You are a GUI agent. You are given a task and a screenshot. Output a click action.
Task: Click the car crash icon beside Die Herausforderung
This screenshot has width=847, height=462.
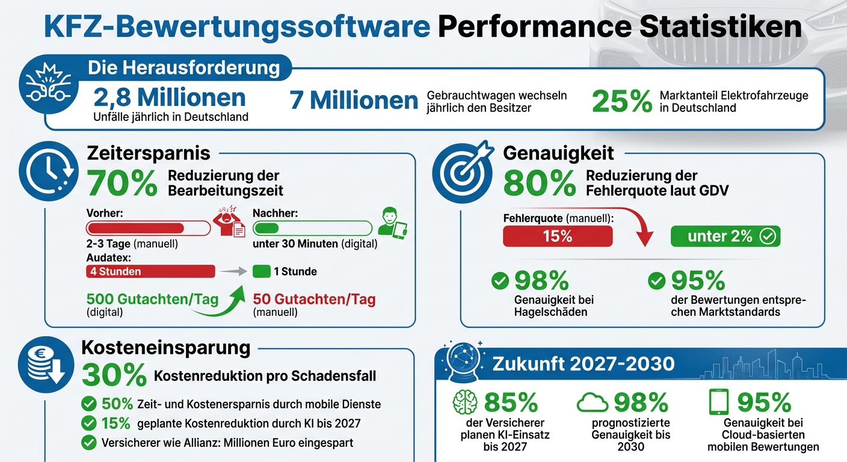point(48,90)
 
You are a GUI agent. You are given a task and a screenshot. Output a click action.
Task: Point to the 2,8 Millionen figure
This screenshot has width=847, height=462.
point(170,98)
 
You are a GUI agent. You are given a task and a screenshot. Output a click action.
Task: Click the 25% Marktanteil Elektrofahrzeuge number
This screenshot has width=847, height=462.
point(622,102)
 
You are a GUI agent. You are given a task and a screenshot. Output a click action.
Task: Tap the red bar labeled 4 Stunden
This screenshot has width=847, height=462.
point(150,271)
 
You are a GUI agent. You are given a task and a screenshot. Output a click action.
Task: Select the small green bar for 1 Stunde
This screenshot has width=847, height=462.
point(261,271)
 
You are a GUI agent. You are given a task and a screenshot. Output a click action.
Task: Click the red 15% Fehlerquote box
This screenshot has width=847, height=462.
point(558,236)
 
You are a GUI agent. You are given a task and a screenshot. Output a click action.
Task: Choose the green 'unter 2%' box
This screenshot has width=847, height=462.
point(725,236)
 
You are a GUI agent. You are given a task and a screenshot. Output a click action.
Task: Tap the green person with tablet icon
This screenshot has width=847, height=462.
point(392,223)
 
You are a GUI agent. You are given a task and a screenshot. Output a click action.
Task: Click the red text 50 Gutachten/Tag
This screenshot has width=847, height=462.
point(314,299)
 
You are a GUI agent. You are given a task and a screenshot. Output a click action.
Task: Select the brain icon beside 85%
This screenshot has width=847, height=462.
point(464,402)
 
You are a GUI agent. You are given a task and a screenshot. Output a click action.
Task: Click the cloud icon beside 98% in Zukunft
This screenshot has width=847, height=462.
point(592,402)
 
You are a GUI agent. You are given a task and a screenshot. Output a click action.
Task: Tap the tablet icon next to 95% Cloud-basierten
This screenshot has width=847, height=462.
point(719,401)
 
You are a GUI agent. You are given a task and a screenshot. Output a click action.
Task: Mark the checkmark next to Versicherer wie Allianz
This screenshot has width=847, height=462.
point(89,443)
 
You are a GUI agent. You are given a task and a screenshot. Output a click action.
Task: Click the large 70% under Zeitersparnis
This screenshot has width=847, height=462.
point(122,183)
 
